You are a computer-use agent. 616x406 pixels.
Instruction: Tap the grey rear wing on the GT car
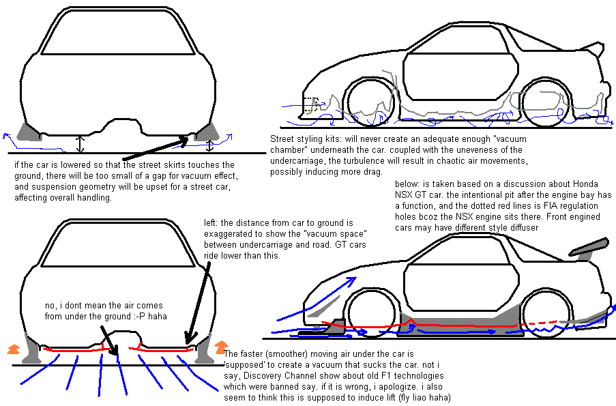[x=590, y=248]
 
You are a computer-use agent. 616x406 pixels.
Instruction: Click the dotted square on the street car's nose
[x=310, y=104]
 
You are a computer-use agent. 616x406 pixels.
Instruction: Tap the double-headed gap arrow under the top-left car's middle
[x=80, y=143]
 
